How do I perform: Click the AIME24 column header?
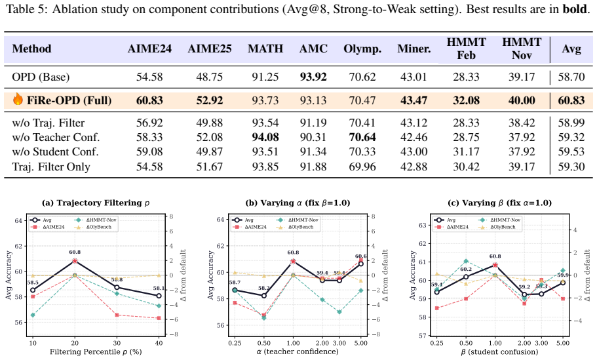pyautogui.click(x=149, y=49)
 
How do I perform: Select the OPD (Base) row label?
pyautogui.click(x=41, y=77)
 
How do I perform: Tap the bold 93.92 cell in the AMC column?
pyautogui.click(x=313, y=77)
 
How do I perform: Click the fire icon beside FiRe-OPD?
pyautogui.click(x=18, y=99)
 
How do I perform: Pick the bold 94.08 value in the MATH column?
pyautogui.click(x=265, y=137)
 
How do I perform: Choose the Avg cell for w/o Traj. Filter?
pyautogui.click(x=571, y=123)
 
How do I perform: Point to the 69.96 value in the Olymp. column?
pyautogui.click(x=362, y=167)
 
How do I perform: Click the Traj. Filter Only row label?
pyautogui.click(x=51, y=167)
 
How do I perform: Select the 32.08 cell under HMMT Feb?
pyautogui.click(x=466, y=100)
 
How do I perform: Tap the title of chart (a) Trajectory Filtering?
pyautogui.click(x=96, y=203)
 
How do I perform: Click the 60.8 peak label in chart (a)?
pyautogui.click(x=75, y=252)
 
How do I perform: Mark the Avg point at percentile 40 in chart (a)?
pyautogui.click(x=159, y=296)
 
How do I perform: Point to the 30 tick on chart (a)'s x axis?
pyautogui.click(x=117, y=343)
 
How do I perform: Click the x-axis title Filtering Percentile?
pyautogui.click(x=96, y=351)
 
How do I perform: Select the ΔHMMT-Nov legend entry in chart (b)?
pyautogui.click(x=299, y=220)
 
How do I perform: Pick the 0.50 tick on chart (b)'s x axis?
pyautogui.click(x=264, y=343)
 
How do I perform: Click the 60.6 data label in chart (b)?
pyautogui.click(x=360, y=256)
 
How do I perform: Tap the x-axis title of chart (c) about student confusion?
pyautogui.click(x=499, y=351)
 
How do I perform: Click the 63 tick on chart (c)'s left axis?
pyautogui.click(x=421, y=225)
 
